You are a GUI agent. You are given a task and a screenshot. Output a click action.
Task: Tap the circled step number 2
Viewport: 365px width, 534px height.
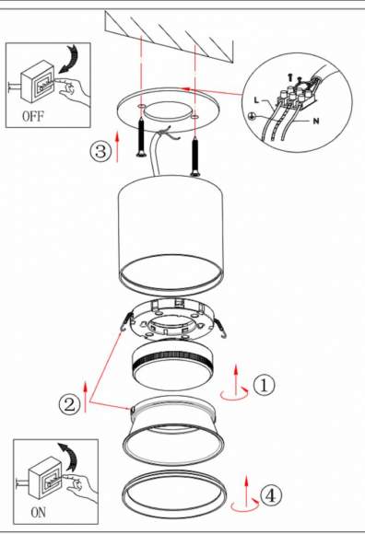[x=68, y=403]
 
